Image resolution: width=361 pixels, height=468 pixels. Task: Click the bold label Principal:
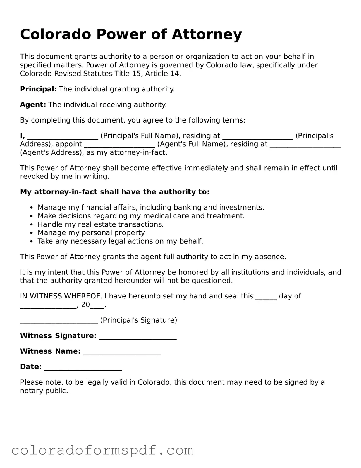click(x=38, y=89)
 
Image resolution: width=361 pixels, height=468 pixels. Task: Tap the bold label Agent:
click(x=33, y=105)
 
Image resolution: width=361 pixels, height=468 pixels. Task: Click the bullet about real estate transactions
click(x=101, y=224)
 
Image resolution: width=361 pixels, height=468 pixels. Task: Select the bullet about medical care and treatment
click(x=141, y=216)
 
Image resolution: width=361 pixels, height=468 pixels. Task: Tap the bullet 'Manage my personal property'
click(x=92, y=233)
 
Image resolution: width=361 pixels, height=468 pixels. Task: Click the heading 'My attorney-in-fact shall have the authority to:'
click(x=114, y=192)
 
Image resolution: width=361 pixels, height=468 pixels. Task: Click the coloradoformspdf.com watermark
click(x=102, y=450)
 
